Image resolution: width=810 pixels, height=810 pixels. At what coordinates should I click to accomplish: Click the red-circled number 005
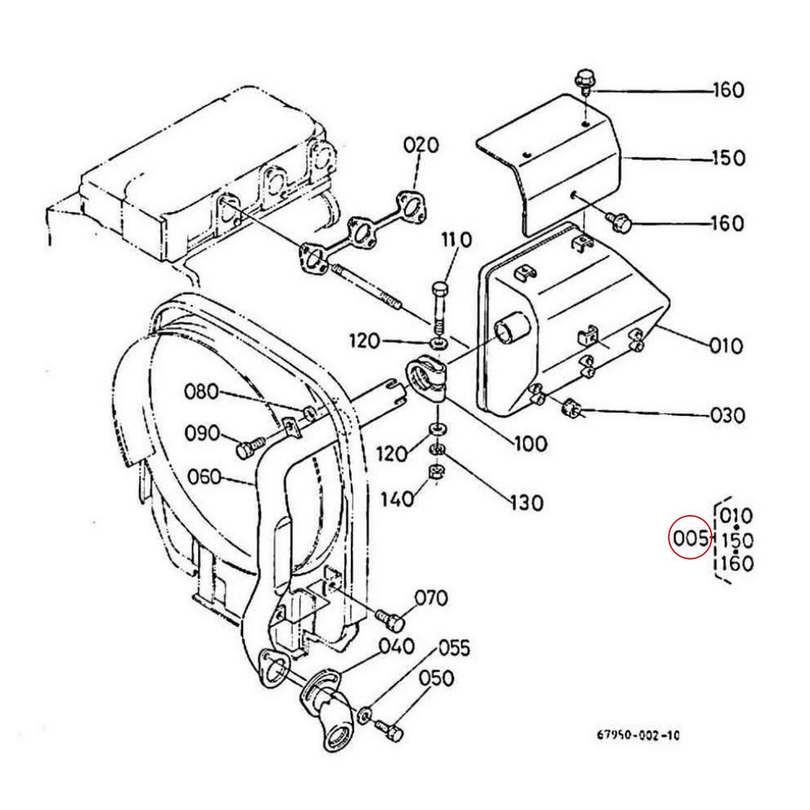point(689,539)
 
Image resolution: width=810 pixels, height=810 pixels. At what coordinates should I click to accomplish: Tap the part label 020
point(421,146)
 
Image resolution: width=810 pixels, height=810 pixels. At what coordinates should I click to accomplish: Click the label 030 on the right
point(727,415)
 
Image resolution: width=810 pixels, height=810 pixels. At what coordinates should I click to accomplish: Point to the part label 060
point(204,477)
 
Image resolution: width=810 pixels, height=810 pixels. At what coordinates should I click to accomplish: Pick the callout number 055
point(453,649)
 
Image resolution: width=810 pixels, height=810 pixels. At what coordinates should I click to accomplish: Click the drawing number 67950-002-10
point(637,735)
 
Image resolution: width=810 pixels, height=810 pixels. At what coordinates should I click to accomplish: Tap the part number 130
point(526,503)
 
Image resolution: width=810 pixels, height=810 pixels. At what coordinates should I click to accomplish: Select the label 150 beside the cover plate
point(728,159)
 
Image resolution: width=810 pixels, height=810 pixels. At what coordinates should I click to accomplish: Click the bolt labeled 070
point(389,617)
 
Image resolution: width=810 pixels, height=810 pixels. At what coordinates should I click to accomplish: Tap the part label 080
point(203,391)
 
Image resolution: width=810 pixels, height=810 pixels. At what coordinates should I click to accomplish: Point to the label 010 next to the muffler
point(726,346)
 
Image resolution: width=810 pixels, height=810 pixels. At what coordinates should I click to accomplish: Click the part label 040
point(397,647)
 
